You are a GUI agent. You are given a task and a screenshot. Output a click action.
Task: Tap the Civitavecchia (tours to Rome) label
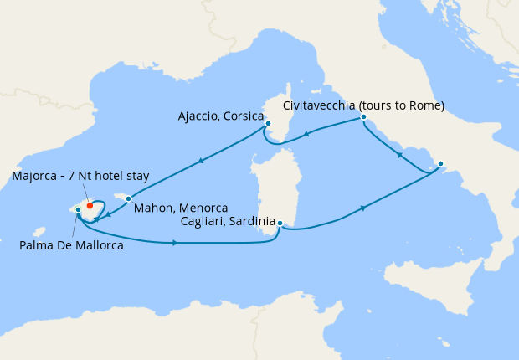point(363,105)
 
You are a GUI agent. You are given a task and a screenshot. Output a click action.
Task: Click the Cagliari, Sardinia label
point(227,221)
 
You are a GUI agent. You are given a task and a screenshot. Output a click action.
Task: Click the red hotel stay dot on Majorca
point(89,204)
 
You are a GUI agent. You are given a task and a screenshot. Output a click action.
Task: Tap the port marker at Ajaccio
point(268,124)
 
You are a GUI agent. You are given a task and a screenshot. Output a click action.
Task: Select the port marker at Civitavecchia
point(363,118)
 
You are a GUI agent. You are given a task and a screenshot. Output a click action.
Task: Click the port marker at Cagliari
point(280,224)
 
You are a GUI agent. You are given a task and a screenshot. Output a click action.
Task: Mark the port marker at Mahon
point(129,198)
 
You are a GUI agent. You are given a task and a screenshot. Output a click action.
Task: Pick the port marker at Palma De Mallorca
point(78,209)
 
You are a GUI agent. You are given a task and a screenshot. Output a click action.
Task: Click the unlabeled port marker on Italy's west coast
point(440,164)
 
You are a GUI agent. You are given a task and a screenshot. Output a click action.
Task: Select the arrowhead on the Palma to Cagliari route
point(174,243)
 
